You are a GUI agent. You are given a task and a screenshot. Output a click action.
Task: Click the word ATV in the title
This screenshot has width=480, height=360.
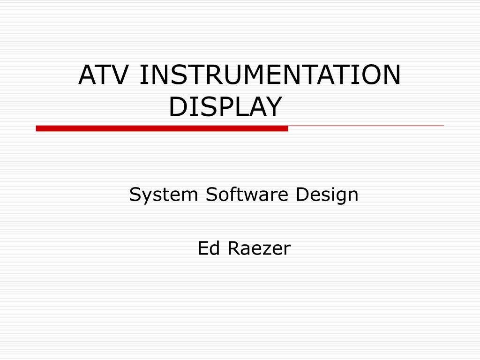pos(103,75)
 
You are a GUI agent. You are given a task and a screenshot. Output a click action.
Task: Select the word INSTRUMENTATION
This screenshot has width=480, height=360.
pos(270,75)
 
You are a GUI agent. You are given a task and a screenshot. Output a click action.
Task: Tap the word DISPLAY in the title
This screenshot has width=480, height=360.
pos(225,106)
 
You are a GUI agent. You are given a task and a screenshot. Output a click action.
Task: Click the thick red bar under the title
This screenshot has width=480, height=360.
pos(162,128)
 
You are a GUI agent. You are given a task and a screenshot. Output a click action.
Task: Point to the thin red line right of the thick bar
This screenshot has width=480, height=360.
pos(366,126)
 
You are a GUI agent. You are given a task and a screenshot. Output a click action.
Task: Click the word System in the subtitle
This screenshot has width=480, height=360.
pos(164,195)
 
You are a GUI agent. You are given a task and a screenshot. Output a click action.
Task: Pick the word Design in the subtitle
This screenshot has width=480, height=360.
pos(327,195)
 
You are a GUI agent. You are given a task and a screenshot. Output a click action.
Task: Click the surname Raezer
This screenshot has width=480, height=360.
pos(259,248)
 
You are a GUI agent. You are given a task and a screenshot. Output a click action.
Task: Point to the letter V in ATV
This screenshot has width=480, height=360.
pos(116,75)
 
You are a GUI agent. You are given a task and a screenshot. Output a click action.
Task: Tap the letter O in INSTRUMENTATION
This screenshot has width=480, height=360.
pos(367,75)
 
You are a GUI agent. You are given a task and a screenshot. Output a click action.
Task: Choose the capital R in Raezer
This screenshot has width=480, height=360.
pos(234,248)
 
